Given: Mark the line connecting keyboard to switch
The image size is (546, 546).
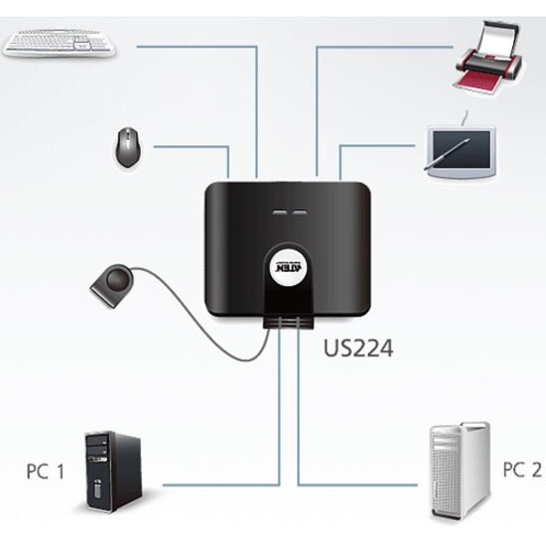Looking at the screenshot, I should pos(199,45).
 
